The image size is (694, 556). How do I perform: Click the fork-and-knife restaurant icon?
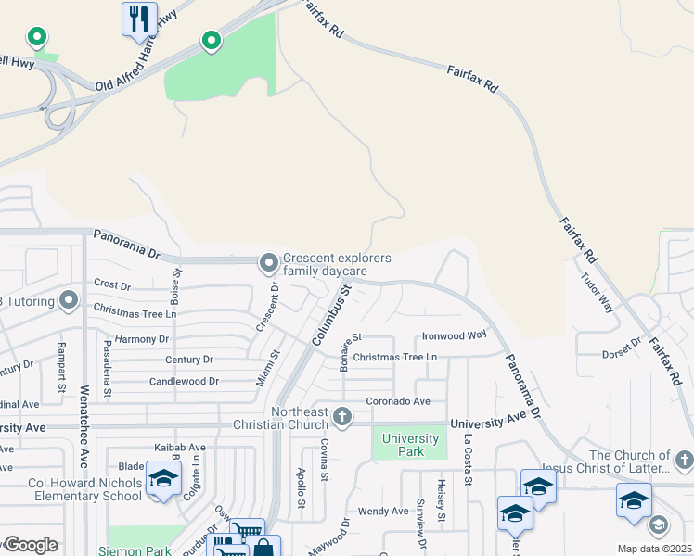(x=139, y=19)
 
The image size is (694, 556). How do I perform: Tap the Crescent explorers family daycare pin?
(x=269, y=264)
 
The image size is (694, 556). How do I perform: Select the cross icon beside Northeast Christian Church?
(x=342, y=417)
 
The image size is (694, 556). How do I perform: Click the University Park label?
(x=410, y=445)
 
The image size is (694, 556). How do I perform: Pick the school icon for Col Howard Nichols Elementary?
(x=162, y=480)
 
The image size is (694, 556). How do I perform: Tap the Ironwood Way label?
(x=454, y=335)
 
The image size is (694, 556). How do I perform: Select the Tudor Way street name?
(x=598, y=291)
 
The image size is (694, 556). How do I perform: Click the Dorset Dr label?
(x=622, y=348)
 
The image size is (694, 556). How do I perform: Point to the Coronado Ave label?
(x=398, y=401)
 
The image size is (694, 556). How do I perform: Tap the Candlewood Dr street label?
(x=184, y=381)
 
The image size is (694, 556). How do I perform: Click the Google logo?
(x=30, y=545)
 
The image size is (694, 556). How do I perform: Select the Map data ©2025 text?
(x=654, y=549)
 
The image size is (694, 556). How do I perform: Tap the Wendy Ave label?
(x=383, y=511)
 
